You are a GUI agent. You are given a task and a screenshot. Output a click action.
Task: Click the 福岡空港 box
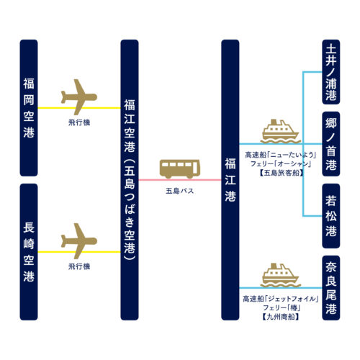(29, 108)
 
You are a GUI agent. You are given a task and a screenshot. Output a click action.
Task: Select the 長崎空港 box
(29, 252)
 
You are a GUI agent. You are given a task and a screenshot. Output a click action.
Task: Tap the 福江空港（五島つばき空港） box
(130, 180)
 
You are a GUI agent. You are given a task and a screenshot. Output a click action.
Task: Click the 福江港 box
(230, 180)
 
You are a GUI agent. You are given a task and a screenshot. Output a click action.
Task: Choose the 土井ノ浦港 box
(331, 72)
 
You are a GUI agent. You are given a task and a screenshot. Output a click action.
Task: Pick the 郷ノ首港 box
(331, 144)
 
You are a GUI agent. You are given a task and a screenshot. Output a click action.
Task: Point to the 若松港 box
(331, 216)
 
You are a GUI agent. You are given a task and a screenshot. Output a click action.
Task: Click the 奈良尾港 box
(331, 288)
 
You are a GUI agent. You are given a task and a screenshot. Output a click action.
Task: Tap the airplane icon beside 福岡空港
(79, 97)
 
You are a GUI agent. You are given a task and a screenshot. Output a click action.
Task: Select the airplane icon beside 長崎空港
(79, 241)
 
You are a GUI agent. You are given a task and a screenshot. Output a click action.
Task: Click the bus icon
(180, 168)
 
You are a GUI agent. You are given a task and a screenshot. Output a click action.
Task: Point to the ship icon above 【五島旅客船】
(281, 131)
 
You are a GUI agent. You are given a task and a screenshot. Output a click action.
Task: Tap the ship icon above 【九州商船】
(281, 275)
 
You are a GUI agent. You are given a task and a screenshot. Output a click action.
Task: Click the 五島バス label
(180, 191)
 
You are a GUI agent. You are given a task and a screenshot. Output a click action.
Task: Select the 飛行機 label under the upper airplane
(79, 122)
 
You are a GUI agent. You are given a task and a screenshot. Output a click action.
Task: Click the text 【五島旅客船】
(281, 173)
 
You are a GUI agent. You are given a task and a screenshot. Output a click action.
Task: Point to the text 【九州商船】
(281, 317)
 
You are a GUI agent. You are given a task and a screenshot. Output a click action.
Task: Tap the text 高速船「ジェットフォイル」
(281, 299)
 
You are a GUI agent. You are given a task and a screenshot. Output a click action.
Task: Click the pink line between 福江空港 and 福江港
(180, 180)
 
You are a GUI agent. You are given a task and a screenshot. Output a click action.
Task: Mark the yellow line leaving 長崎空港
(79, 252)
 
